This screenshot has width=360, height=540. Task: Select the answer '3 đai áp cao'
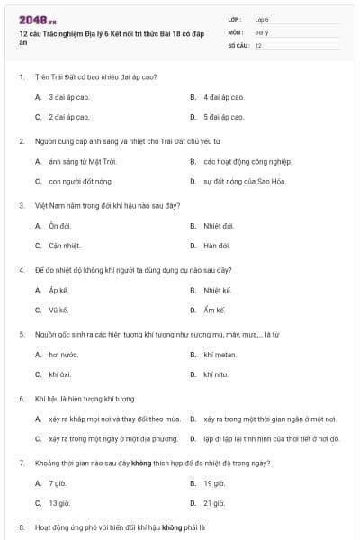click(x=68, y=97)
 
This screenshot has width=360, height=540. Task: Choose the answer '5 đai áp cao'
click(x=223, y=118)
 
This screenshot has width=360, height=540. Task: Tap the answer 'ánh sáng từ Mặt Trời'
click(x=82, y=162)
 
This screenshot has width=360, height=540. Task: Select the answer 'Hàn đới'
click(x=217, y=247)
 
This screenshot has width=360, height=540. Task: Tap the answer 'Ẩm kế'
click(x=212, y=310)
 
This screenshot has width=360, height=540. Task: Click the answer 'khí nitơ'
click(x=216, y=374)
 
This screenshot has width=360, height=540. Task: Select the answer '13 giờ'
click(x=59, y=503)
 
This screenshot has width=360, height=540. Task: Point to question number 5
click(x=22, y=334)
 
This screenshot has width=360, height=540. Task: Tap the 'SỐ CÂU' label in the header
click(x=238, y=44)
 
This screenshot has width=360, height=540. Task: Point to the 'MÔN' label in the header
click(x=236, y=31)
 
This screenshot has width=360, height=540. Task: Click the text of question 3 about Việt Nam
click(x=108, y=205)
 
